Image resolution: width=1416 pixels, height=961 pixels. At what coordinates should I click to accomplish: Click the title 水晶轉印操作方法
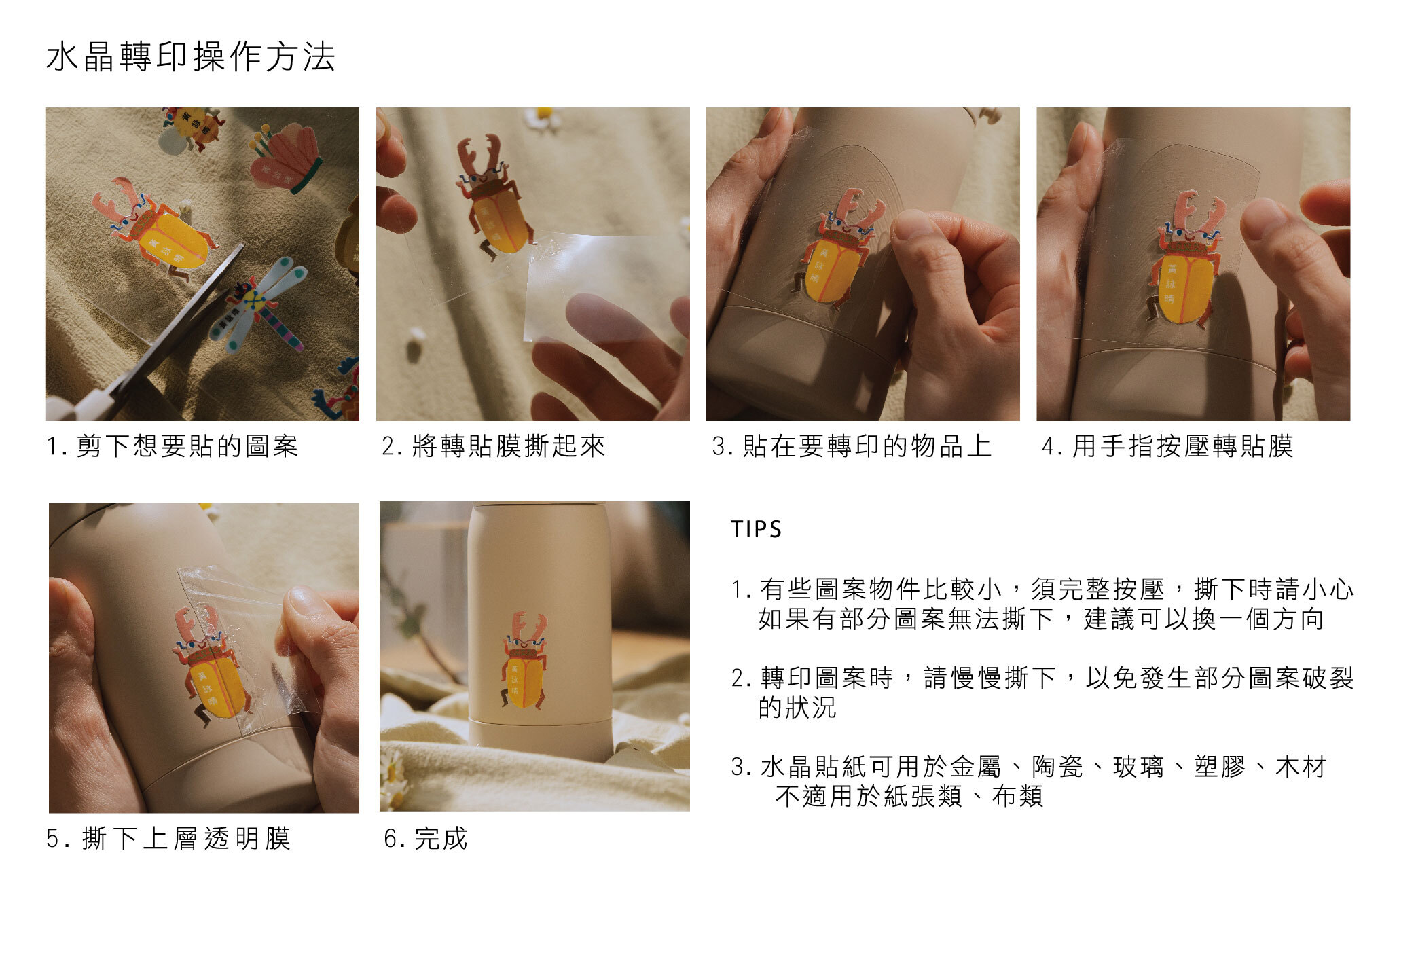[x=191, y=56]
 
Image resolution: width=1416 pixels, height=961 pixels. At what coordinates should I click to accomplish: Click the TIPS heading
[x=756, y=529]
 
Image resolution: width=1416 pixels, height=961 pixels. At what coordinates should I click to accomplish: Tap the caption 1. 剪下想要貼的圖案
[x=173, y=446]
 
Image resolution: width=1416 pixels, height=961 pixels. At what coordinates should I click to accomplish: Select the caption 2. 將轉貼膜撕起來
[x=493, y=446]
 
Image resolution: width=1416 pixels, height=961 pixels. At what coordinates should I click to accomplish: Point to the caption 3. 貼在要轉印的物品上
[x=852, y=446]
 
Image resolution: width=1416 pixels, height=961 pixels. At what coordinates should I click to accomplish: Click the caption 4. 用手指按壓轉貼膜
[x=1167, y=446]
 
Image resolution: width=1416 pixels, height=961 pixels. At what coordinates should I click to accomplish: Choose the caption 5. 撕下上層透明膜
[x=168, y=838]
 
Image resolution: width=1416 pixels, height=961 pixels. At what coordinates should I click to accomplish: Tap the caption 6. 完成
[x=426, y=838]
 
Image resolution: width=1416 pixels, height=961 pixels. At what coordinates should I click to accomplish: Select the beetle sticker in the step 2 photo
[x=492, y=197]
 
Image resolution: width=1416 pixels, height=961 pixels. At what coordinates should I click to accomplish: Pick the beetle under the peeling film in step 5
[x=211, y=666]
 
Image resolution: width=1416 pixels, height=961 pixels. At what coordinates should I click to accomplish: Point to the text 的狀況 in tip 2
[x=797, y=708]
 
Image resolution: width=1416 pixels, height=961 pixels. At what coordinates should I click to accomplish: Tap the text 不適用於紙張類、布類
[x=909, y=796]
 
